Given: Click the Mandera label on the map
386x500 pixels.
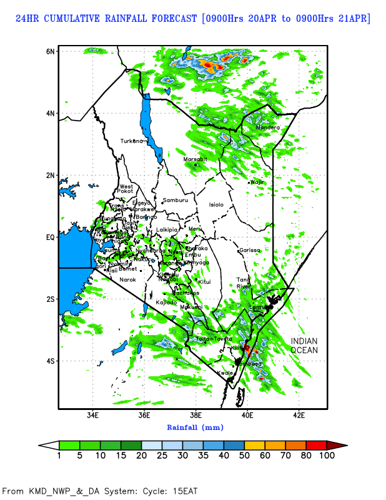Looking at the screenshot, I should (268, 128).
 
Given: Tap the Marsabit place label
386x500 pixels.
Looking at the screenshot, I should (195, 159).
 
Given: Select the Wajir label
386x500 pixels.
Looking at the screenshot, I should (257, 182).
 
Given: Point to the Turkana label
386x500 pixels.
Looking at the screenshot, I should (132, 141).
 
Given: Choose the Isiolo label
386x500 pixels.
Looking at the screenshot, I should (216, 204).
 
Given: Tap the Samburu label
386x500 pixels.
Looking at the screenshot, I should (176, 200).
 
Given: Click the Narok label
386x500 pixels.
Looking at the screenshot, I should (127, 279).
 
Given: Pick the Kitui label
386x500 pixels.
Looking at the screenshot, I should (204, 282).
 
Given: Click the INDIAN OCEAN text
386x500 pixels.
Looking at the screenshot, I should (304, 346).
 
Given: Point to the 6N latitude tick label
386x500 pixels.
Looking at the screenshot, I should (51, 51).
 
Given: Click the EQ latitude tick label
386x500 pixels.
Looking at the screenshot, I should (50, 237).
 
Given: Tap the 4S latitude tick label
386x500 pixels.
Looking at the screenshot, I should (51, 361).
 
